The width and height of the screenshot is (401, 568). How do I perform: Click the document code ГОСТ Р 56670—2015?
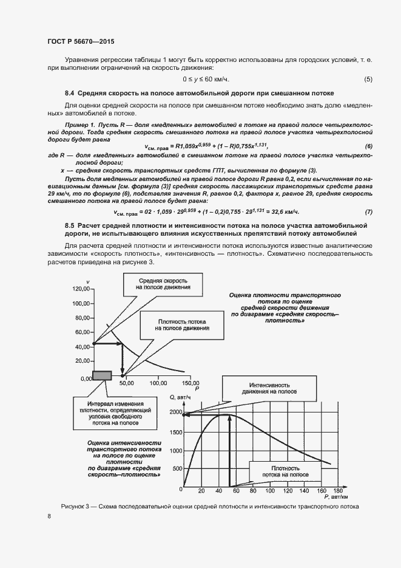[x=80, y=41]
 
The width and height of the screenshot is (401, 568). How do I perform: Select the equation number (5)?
[x=368, y=80]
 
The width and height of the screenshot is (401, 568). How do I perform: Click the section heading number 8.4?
[x=69, y=94]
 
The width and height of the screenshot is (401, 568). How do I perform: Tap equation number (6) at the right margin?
[x=368, y=146]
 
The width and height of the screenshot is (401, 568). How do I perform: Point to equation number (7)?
[x=368, y=211]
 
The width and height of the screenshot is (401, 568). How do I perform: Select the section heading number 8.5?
[x=69, y=225]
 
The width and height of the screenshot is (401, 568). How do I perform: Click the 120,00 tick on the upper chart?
[x=79, y=288]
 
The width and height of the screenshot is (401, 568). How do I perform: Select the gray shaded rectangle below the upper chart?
[x=101, y=376]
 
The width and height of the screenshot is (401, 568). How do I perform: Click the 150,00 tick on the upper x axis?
[x=188, y=383]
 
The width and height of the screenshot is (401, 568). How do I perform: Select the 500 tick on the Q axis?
[x=176, y=469]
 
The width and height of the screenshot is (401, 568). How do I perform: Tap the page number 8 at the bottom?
[x=49, y=516]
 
